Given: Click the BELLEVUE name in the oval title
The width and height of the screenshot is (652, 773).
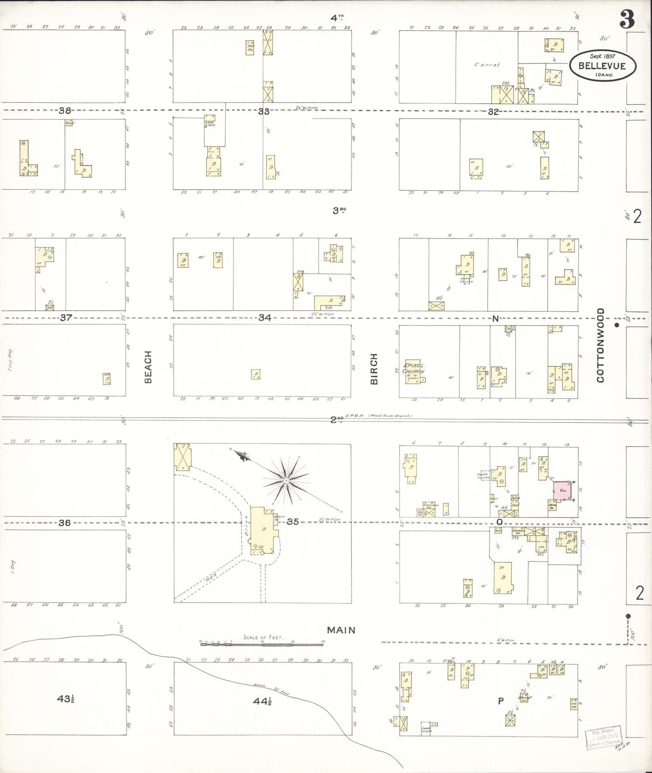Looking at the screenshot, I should (x=602, y=66).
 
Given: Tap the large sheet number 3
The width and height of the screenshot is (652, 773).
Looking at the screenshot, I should (x=627, y=19).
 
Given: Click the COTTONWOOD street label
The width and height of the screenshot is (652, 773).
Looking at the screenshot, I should (x=600, y=345).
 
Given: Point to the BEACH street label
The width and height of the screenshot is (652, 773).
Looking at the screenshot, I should (x=148, y=367).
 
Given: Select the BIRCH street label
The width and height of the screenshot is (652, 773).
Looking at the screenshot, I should (x=374, y=369).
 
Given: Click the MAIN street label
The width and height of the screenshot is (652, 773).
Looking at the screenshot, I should (x=341, y=630).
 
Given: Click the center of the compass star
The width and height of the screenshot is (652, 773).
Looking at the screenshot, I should (x=286, y=481).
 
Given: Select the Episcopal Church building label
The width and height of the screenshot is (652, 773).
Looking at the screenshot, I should (x=413, y=368).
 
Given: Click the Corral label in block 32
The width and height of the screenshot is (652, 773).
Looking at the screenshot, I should (x=487, y=64).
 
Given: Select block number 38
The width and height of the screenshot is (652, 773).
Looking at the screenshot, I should (x=65, y=110).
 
